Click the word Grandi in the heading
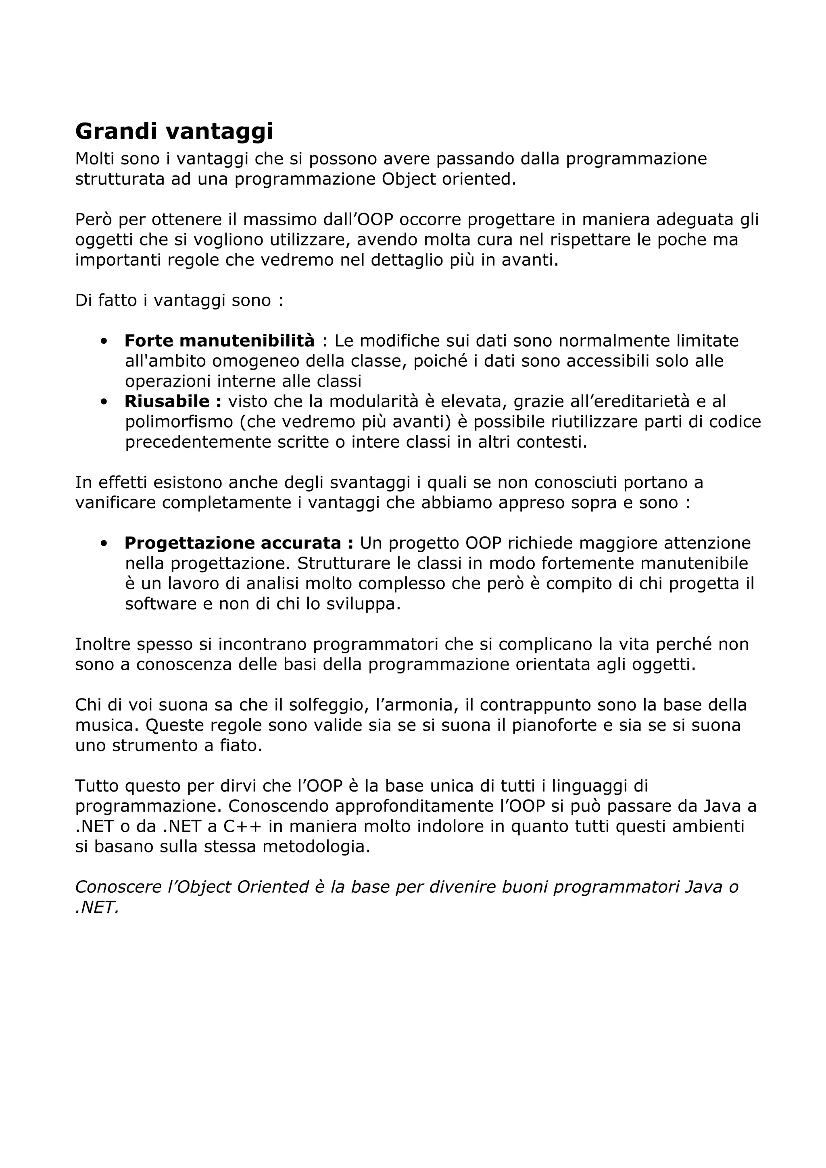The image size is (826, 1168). pos(117,131)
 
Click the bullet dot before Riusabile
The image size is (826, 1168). pos(104,402)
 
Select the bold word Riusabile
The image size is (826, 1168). pos(167,401)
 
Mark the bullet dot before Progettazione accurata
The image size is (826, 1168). pos(104,543)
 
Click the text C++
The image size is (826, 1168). pos(242,826)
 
